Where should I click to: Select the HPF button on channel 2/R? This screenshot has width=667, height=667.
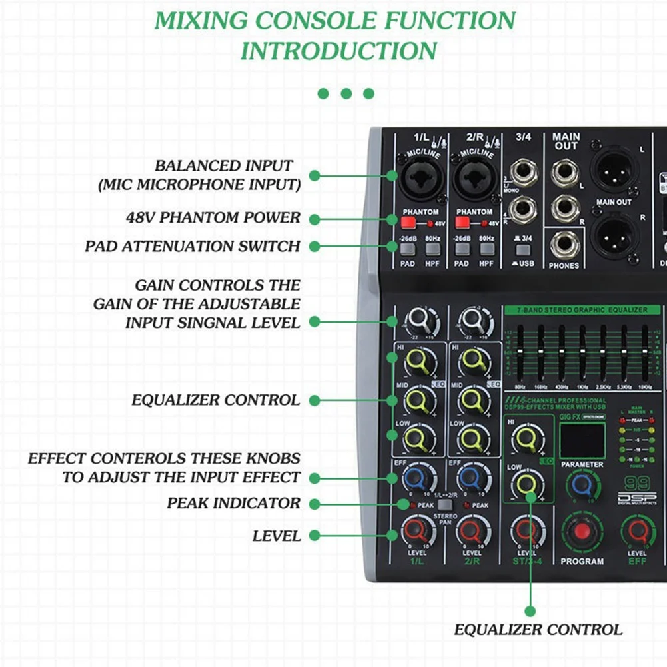488,249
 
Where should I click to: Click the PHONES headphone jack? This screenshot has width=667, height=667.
564,245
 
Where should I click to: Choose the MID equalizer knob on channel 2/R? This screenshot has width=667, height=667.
473,400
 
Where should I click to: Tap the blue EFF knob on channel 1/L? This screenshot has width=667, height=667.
415,477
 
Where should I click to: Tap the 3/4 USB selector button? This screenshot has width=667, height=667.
523,250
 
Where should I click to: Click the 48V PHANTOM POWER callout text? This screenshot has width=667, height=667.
213,218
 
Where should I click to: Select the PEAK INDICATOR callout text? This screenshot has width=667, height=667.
234,503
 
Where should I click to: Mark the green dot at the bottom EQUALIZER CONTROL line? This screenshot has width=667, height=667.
530,610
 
